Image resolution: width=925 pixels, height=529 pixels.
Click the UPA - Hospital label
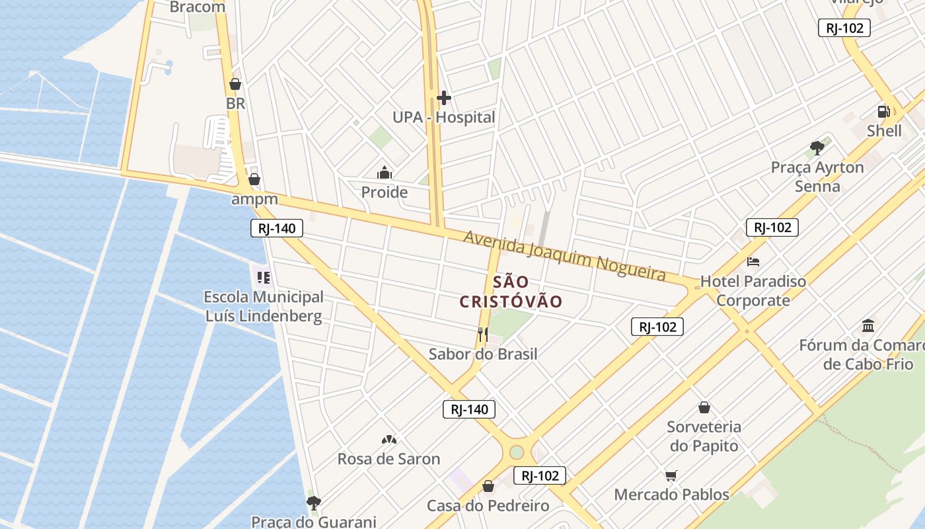tap(443, 118)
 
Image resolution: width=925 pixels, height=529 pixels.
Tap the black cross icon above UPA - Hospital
tap(443, 99)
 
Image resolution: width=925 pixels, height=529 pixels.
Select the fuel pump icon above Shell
tap(883, 111)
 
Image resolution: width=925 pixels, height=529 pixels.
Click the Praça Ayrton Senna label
tap(817, 177)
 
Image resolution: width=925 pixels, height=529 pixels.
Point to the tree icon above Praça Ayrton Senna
tap(817, 147)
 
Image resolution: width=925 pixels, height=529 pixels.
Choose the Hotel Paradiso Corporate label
tap(753, 291)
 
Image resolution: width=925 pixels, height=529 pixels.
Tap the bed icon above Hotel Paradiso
tap(753, 262)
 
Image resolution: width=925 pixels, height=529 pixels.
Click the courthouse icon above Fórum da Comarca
tap(869, 326)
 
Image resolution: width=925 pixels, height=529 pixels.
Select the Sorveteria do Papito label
tap(704, 436)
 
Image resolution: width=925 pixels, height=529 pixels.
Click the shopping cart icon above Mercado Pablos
tap(671, 475)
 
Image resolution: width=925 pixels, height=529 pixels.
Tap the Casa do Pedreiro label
tap(488, 506)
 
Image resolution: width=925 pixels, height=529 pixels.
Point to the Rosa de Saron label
tap(388, 459)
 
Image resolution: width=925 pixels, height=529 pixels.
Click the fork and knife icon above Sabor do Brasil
tap(483, 335)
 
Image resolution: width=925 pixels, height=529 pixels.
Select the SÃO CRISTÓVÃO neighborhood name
tap(511, 292)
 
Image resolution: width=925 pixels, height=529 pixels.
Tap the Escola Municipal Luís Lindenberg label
tap(264, 306)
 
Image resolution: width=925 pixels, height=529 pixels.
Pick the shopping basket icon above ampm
tap(254, 179)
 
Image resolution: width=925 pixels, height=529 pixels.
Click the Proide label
tap(384, 192)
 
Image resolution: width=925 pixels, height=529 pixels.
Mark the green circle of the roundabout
tap(517, 452)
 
